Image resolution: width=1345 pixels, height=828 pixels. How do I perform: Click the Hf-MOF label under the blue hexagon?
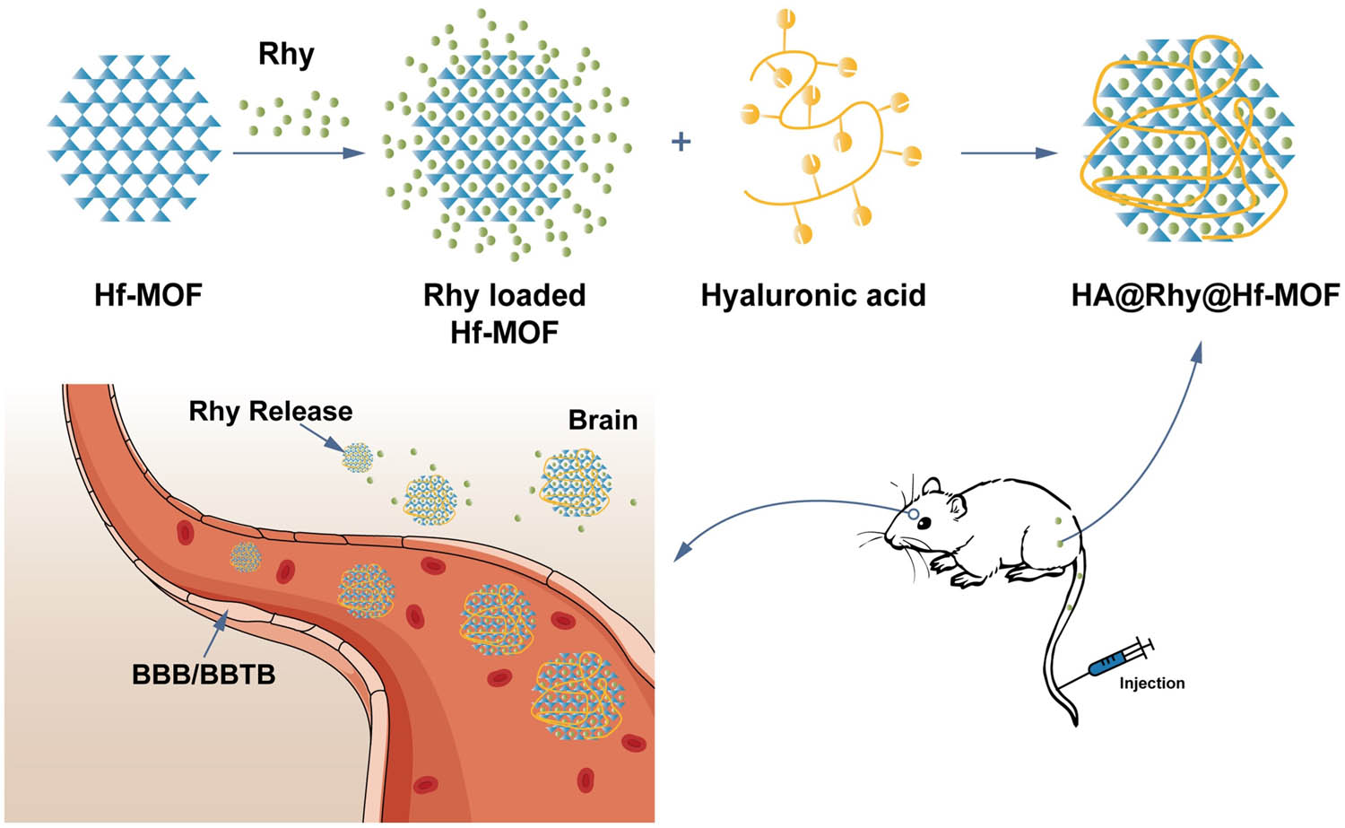click(x=148, y=294)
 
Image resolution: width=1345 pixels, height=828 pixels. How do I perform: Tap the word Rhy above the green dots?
click(x=286, y=54)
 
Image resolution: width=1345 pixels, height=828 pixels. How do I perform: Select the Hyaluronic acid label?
click(x=812, y=295)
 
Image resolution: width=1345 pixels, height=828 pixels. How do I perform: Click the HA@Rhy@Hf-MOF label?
click(x=1204, y=295)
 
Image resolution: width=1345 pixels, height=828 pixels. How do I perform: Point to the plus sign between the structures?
click(x=681, y=142)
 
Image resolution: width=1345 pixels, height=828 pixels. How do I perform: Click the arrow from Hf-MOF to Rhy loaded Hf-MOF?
click(x=298, y=153)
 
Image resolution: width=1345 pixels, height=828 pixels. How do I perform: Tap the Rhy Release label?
click(x=270, y=411)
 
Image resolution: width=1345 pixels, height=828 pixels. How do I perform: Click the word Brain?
click(x=603, y=420)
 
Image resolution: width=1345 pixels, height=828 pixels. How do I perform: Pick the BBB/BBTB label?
click(x=204, y=674)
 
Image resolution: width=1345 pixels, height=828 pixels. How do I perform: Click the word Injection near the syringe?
click(x=1151, y=684)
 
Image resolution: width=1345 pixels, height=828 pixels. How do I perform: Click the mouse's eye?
click(x=913, y=515)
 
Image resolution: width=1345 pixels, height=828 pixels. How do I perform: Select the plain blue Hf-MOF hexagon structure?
click(x=134, y=137)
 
